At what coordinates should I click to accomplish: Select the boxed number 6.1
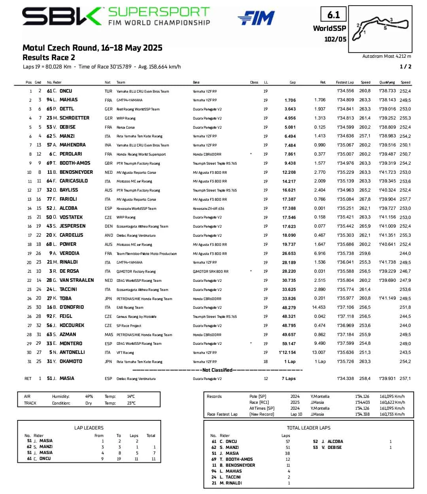point(333,15)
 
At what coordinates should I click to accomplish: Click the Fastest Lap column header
point(345,82)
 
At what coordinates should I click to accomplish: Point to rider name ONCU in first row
point(66,91)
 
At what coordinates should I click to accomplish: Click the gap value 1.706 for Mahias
point(290,100)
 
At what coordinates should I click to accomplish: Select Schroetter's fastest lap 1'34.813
point(346,118)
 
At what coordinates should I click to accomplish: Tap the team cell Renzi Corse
point(125,127)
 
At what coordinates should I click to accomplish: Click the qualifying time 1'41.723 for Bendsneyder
point(387,172)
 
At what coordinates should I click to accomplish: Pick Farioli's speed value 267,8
point(365,199)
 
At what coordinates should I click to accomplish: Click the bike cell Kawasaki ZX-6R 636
point(208,209)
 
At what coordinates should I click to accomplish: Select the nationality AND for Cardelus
point(109,235)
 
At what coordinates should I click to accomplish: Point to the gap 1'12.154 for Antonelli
point(287,352)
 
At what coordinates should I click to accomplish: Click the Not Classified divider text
point(217,370)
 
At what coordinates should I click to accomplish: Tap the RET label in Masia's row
point(28,378)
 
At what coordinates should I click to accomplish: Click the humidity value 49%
point(89,396)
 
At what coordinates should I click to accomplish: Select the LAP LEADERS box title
point(89,427)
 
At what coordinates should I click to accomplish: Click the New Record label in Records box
point(261,414)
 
